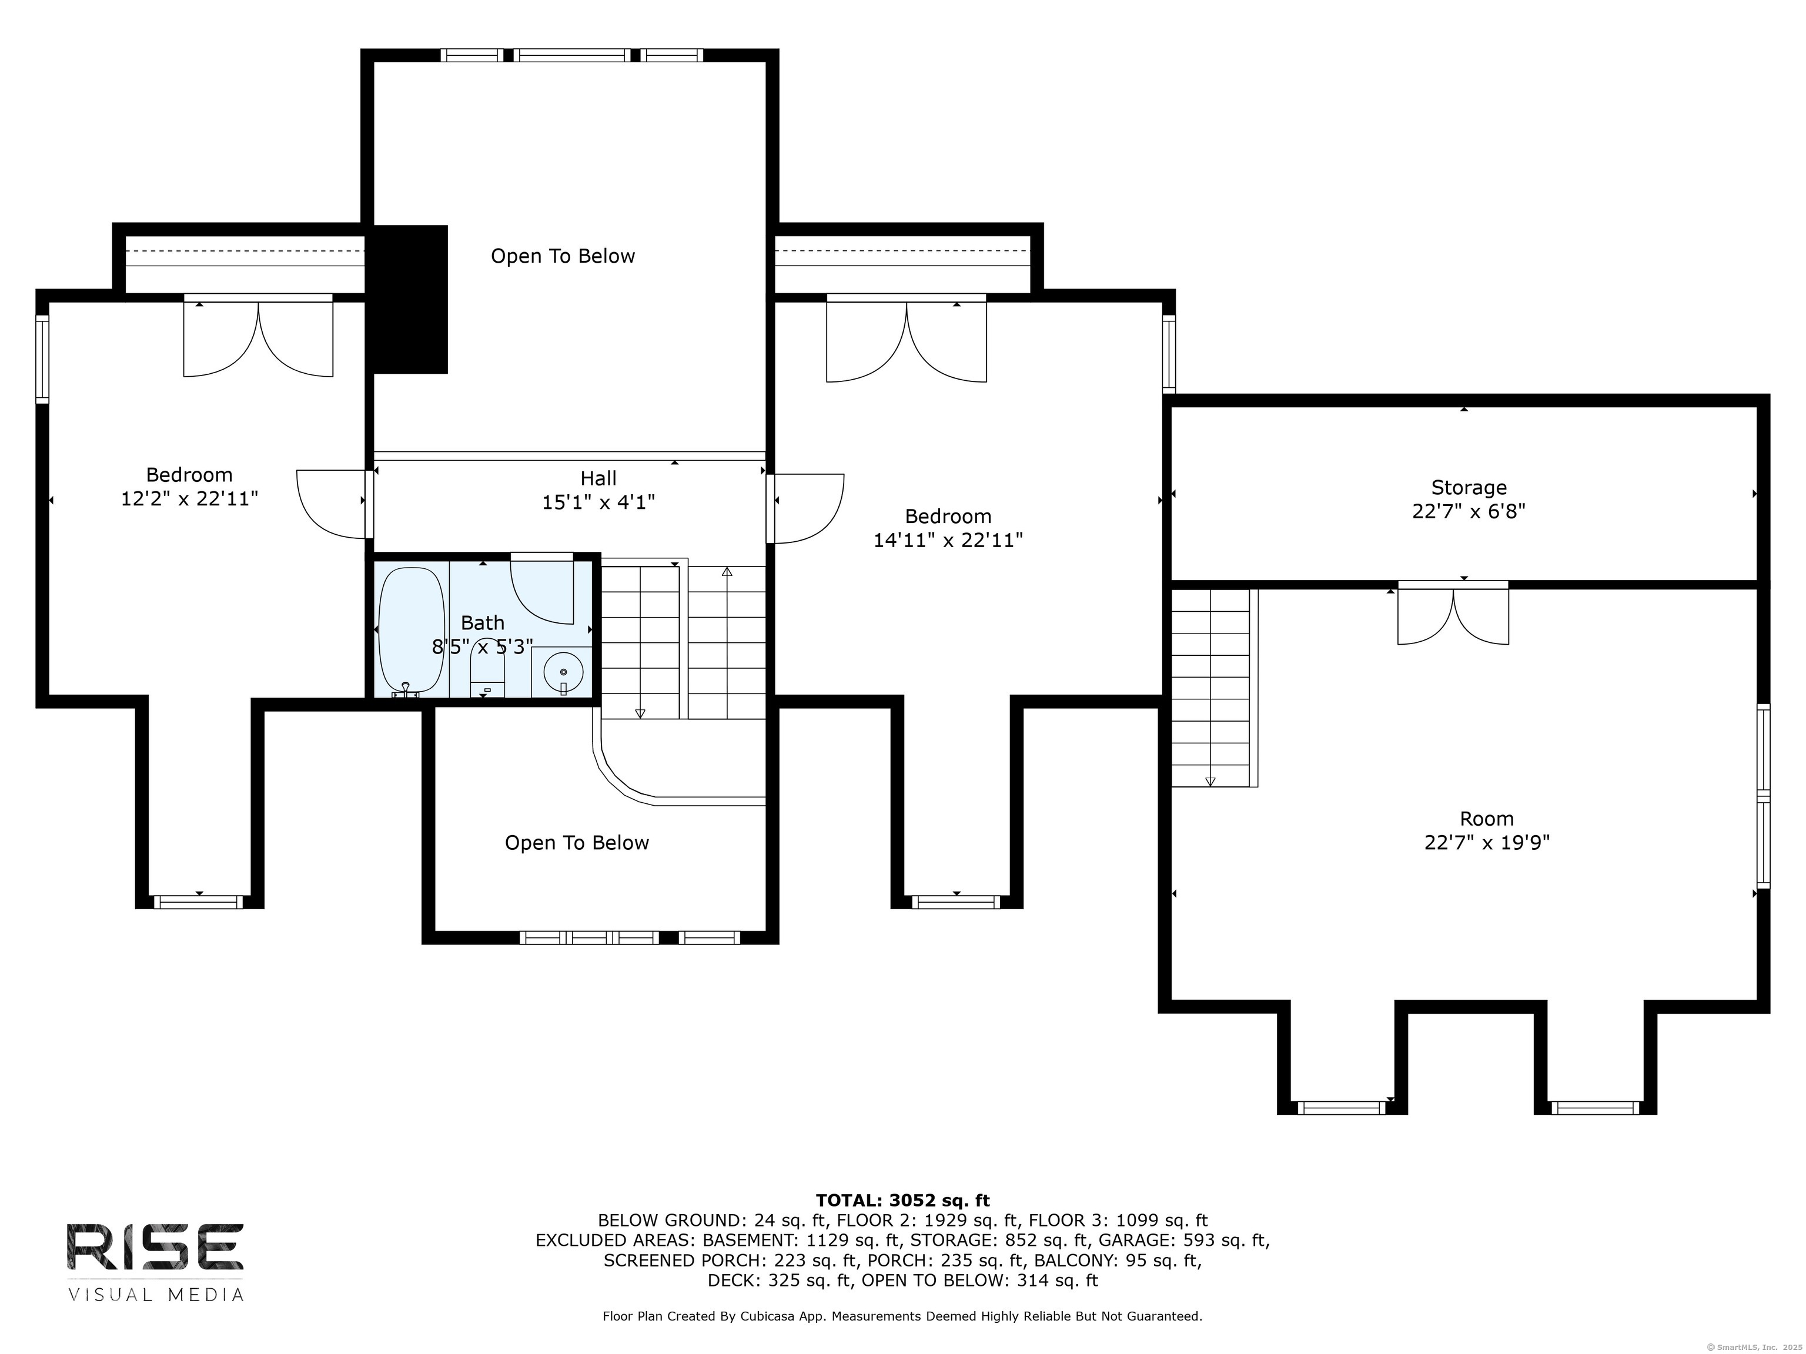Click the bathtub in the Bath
412,632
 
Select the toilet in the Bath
488,669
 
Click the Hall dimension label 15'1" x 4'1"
598,502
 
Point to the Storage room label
1469,487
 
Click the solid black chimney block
410,300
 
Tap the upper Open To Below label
563,256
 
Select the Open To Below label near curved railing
576,843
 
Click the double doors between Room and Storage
1453,614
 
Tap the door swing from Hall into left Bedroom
330,504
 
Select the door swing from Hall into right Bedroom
808,508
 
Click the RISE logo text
155,1246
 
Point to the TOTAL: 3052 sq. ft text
902,1200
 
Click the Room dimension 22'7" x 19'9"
1487,842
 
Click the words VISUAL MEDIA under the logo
156,1295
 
